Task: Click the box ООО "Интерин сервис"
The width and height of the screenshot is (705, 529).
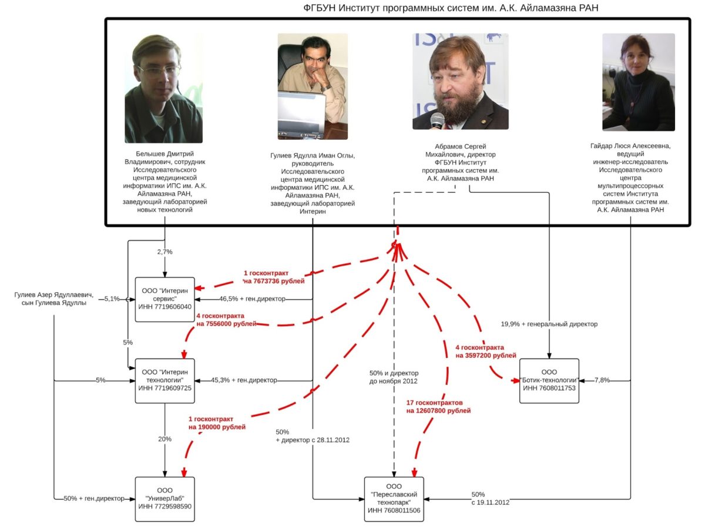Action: coord(164,299)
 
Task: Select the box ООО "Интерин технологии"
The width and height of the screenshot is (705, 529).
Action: coord(164,380)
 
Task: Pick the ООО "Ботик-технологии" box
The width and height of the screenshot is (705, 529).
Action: coord(549,380)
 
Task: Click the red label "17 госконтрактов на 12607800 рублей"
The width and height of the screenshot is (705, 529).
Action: coord(438,407)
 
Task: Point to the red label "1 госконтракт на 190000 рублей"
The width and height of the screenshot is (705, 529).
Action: coord(217,423)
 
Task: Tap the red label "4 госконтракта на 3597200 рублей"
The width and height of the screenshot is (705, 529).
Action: coord(485,351)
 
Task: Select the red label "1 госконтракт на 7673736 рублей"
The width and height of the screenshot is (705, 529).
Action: coord(274,277)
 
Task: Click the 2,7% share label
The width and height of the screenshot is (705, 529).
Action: coord(165,252)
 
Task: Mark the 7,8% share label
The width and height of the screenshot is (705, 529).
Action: coord(602,380)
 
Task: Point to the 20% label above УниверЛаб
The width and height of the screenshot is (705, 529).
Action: coord(165,439)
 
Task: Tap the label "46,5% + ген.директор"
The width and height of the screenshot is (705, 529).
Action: coord(252,299)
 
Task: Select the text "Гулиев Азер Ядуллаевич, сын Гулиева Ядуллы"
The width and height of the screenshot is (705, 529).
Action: coord(54,299)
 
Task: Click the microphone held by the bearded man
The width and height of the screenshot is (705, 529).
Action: coord(437,121)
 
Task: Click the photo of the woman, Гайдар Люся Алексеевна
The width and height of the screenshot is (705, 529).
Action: coord(638,82)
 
